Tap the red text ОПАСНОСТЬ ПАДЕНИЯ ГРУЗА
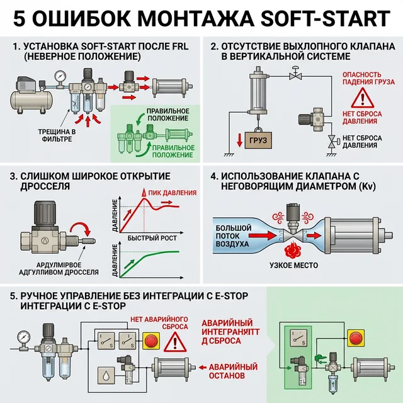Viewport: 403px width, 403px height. click(361, 78)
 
